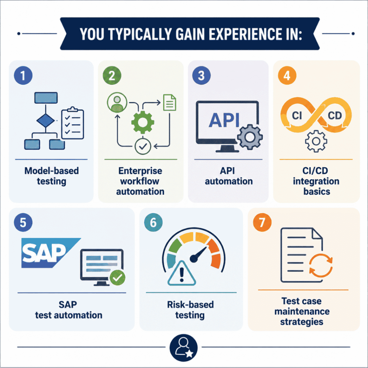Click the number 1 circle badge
click(x=23, y=75)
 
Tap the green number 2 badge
click(x=112, y=75)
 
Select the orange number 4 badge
click(x=287, y=75)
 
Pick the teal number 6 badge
click(x=153, y=222)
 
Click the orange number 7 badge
click(x=262, y=222)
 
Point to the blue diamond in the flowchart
click(x=46, y=121)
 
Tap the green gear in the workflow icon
click(x=142, y=122)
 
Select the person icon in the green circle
click(x=117, y=102)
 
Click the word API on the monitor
click(x=224, y=120)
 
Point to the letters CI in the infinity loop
click(x=296, y=115)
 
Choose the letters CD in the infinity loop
click(x=335, y=115)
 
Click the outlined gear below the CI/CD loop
click(x=316, y=141)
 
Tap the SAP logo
click(x=51, y=253)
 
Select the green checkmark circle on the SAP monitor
click(x=118, y=278)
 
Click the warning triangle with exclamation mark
click(x=181, y=273)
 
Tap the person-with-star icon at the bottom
click(x=184, y=348)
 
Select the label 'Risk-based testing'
click(x=190, y=310)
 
